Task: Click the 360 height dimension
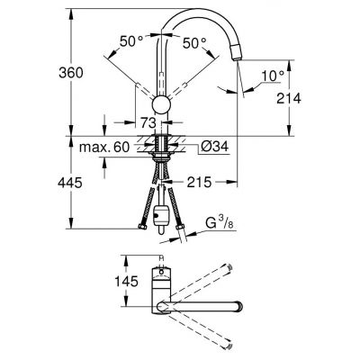pos(71,73)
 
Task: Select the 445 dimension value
pos(70,183)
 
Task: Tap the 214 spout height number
pos(289,98)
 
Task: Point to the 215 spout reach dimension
pos(199,182)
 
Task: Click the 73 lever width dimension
pos(148,122)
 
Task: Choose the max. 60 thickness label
pos(104,147)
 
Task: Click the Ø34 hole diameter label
pos(215,147)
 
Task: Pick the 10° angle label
pos(273,76)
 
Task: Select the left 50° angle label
pos(131,41)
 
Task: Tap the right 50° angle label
pos(194,43)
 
